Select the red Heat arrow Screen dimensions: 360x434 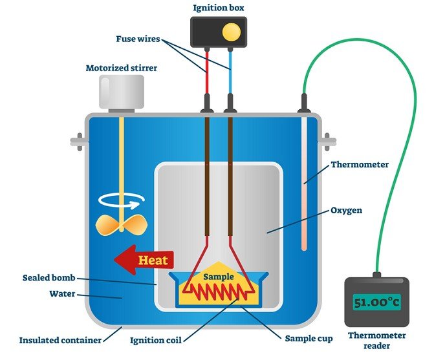(x=143, y=260)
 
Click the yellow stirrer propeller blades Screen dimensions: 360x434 (x=119, y=224)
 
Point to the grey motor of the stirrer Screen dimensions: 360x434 (x=122, y=92)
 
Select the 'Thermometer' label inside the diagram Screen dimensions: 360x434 (x=360, y=165)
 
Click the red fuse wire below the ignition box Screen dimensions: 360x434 (x=208, y=71)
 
